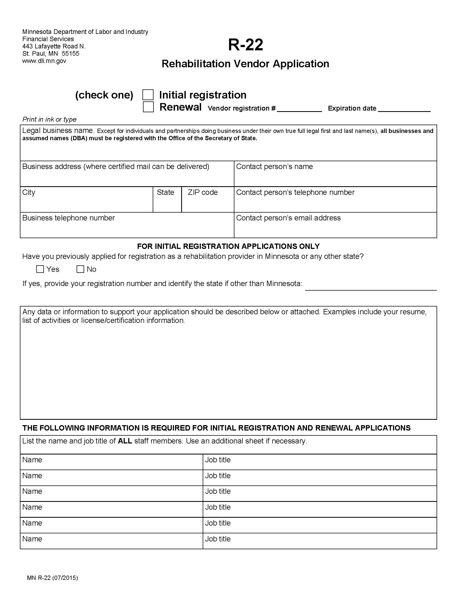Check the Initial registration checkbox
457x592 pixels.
(x=148, y=95)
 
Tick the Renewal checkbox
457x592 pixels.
(x=148, y=107)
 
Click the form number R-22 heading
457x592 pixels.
(x=245, y=45)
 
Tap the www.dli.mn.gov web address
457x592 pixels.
(x=44, y=61)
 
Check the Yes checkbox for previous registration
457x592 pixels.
(x=40, y=269)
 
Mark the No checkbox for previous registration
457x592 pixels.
(x=80, y=269)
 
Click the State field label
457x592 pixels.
(x=165, y=192)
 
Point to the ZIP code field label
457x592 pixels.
(x=202, y=192)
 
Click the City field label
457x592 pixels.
(x=29, y=192)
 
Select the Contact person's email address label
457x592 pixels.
(x=288, y=218)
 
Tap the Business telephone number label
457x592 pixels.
(x=69, y=218)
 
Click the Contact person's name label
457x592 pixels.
(x=274, y=166)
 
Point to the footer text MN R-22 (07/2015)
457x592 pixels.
(x=52, y=578)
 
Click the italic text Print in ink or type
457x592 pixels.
(x=49, y=119)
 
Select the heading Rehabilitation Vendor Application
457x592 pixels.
(x=245, y=64)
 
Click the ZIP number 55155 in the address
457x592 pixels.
(x=70, y=53)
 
